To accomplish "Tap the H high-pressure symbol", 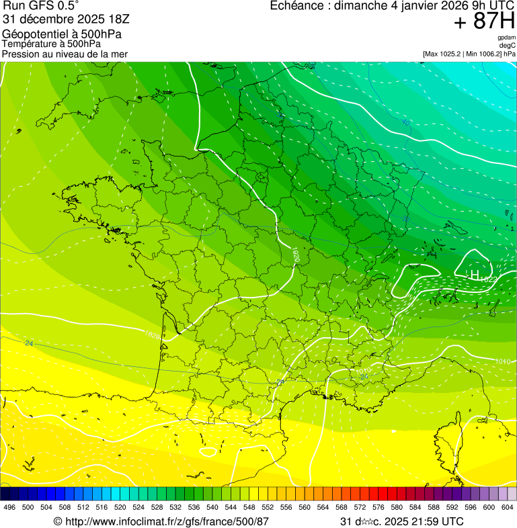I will [474, 275].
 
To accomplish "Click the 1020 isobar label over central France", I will [296, 254].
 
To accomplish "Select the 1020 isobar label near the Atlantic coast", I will [153, 335].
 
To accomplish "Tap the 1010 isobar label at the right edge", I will [502, 361].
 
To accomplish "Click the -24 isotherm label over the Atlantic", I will [28, 343].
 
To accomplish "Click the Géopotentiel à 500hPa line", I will [62, 34].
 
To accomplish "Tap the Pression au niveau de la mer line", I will [65, 54].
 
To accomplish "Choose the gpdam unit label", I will [506, 38].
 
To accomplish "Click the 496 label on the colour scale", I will [9, 507].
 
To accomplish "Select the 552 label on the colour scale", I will [268, 507].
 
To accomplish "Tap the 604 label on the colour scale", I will [508, 507].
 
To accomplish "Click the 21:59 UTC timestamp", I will [430, 521].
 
